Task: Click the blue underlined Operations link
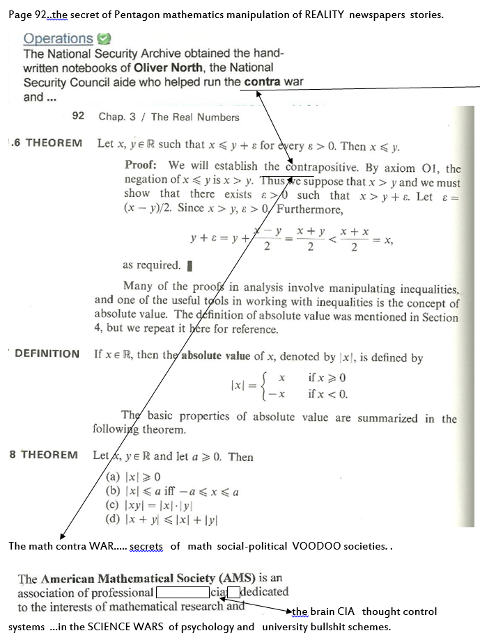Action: click(x=58, y=39)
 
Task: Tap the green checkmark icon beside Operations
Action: click(x=104, y=40)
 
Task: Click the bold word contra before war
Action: click(x=262, y=82)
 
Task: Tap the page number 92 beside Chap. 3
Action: click(x=78, y=116)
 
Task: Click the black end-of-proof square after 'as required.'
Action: click(x=190, y=265)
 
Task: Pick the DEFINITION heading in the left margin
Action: click(x=47, y=353)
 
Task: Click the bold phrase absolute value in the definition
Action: click(x=216, y=357)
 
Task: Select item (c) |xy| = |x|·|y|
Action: click(x=148, y=505)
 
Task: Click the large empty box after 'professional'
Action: click(x=183, y=593)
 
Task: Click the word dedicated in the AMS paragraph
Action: click(x=264, y=592)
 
